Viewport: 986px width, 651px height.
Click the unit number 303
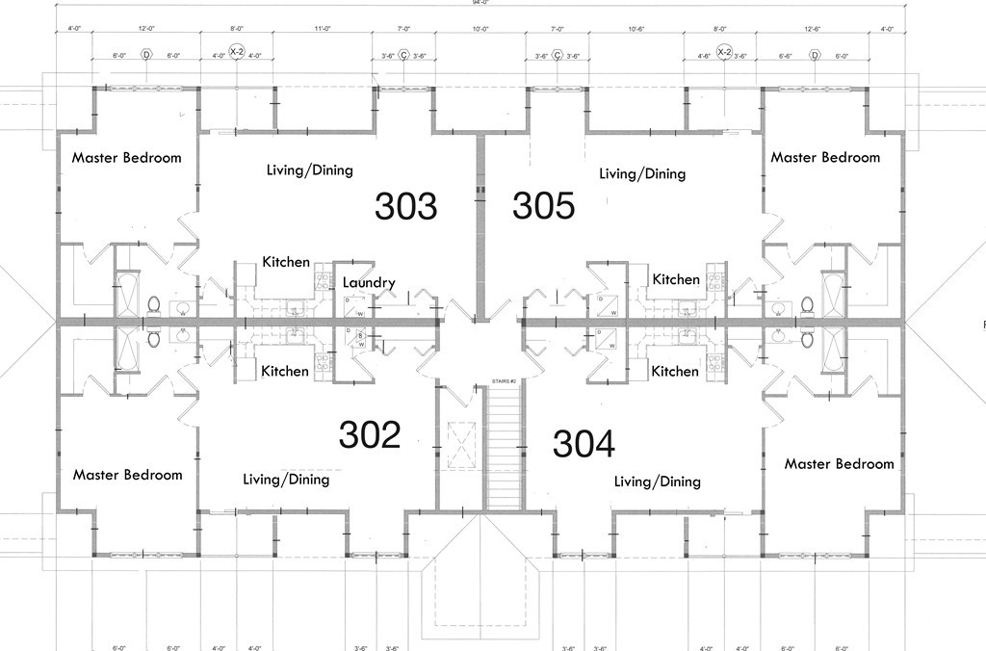tap(405, 206)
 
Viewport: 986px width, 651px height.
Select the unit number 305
tap(543, 205)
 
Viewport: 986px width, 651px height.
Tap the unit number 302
tap(370, 435)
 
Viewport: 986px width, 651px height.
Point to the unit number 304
tap(584, 444)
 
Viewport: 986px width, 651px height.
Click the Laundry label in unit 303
tap(369, 282)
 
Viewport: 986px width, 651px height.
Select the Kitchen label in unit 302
tap(286, 371)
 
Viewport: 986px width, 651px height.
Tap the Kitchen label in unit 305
tap(676, 279)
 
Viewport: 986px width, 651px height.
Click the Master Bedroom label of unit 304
tap(839, 464)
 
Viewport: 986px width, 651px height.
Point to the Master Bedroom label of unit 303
tap(126, 158)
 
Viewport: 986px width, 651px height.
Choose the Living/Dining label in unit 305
tap(642, 174)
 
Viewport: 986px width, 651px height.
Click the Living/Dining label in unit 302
tap(286, 479)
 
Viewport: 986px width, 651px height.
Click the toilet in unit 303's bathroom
tap(152, 304)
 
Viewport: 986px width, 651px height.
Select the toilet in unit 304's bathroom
tap(807, 338)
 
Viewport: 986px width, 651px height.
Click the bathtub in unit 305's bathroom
tap(833, 294)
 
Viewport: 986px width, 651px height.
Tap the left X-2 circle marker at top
tap(237, 51)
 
